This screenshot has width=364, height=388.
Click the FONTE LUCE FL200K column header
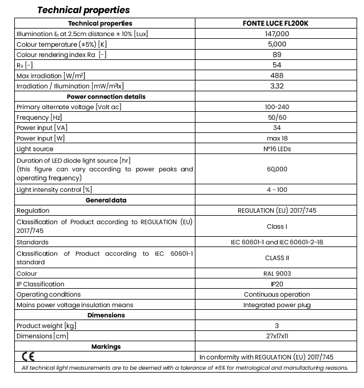pyautogui.click(x=276, y=23)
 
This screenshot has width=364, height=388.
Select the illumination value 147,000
pyautogui.click(x=276, y=34)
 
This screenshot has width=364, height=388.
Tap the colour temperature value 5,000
pyautogui.click(x=276, y=45)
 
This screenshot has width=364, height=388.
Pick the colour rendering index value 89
pyautogui.click(x=276, y=55)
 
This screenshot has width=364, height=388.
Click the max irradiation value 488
pyautogui.click(x=276, y=75)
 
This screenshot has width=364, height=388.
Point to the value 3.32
pyautogui.click(x=276, y=86)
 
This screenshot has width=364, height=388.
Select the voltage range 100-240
pyautogui.click(x=276, y=107)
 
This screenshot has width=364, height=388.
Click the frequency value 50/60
pyautogui.click(x=276, y=118)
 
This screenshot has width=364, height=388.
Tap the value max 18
pyautogui.click(x=276, y=138)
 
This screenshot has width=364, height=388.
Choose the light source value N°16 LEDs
pyautogui.click(x=276, y=149)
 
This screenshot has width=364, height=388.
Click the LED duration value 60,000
pyautogui.click(x=276, y=169)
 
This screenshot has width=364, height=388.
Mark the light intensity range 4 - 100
pyautogui.click(x=276, y=189)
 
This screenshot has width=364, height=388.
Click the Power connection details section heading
pyautogui.click(x=106, y=96)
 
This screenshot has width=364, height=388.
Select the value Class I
pyautogui.click(x=276, y=227)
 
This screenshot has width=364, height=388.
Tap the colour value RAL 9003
pyautogui.click(x=276, y=273)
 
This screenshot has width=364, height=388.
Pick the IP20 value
pyautogui.click(x=276, y=284)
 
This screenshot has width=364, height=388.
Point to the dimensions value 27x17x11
pyautogui.click(x=276, y=336)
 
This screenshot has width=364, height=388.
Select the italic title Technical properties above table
pyautogui.click(x=83, y=10)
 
